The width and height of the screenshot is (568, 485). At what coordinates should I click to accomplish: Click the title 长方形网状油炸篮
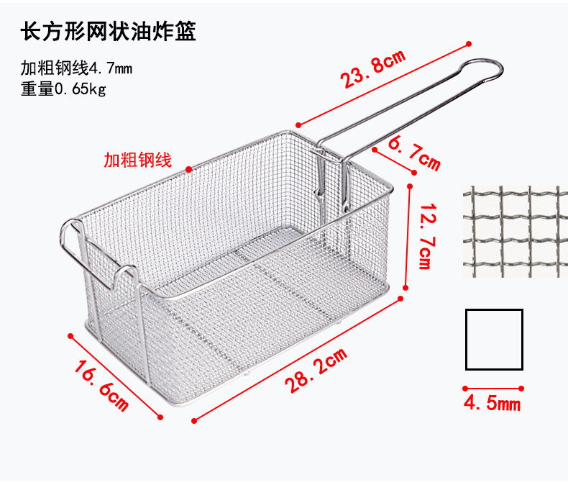tap(109, 32)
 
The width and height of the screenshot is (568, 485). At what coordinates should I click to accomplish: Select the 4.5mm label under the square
tap(493, 402)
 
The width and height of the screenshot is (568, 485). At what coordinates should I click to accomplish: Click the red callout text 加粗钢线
tap(137, 160)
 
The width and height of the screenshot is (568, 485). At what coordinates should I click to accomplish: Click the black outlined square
tap(493, 339)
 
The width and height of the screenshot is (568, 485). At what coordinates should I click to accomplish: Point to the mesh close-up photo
tap(511, 232)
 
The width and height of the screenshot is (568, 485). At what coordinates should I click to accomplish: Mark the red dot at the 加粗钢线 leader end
tap(188, 170)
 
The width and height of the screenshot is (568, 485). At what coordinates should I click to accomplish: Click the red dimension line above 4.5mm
tap(493, 387)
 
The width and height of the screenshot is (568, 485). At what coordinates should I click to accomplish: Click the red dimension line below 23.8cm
tap(381, 83)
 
